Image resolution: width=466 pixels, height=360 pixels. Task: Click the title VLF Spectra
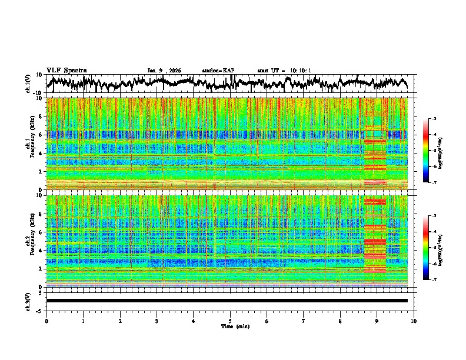[66, 70]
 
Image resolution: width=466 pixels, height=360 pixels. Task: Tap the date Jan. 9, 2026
[164, 71]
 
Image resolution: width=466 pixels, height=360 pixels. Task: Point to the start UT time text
[284, 71]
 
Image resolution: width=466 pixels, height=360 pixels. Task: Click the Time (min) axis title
[230, 326]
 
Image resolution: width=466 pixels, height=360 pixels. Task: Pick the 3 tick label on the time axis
[157, 321]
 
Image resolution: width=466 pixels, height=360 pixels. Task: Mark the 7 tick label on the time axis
[303, 321]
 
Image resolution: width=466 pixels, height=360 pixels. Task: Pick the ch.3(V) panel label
[28, 301]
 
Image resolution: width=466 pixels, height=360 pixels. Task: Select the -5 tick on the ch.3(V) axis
[41, 309]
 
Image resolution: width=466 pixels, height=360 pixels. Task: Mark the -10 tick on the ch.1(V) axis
[39, 92]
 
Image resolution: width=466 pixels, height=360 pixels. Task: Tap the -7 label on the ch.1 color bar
[434, 182]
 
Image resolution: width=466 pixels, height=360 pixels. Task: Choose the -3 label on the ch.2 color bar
[434, 216]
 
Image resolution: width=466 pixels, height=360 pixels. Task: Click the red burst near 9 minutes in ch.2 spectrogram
[375, 241]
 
